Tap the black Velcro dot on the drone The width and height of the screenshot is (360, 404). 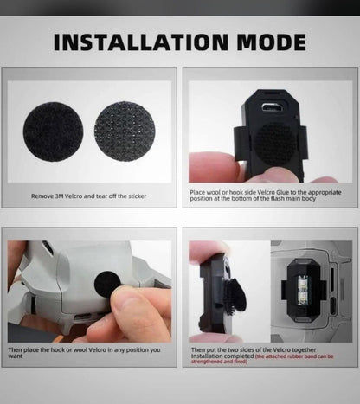[107, 285]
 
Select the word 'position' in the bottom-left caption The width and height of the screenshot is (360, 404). [138, 349]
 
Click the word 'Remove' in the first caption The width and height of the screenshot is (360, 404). [43, 196]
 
